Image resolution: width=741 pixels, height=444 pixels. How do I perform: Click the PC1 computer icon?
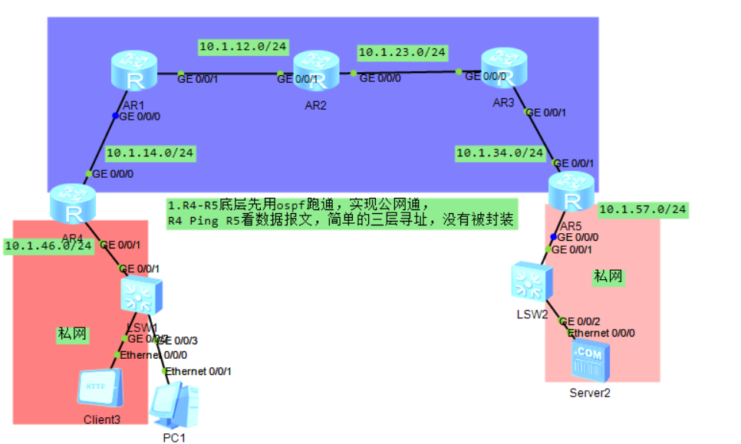point(174,406)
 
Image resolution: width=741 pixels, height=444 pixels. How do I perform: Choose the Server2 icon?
point(591,361)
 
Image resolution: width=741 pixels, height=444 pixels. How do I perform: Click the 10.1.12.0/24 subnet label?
point(243,47)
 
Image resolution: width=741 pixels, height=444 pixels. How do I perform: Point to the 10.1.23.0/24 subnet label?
point(402,52)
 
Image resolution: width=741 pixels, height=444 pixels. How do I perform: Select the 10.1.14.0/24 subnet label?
point(150,153)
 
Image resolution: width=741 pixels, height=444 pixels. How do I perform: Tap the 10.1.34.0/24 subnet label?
point(500,153)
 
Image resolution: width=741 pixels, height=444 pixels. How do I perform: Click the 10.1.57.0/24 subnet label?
point(643,209)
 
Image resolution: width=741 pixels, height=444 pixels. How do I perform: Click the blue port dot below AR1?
point(116,117)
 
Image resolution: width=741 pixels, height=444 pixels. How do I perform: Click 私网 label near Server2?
point(608,276)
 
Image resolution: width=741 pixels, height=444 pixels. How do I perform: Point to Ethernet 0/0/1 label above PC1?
point(199,371)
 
